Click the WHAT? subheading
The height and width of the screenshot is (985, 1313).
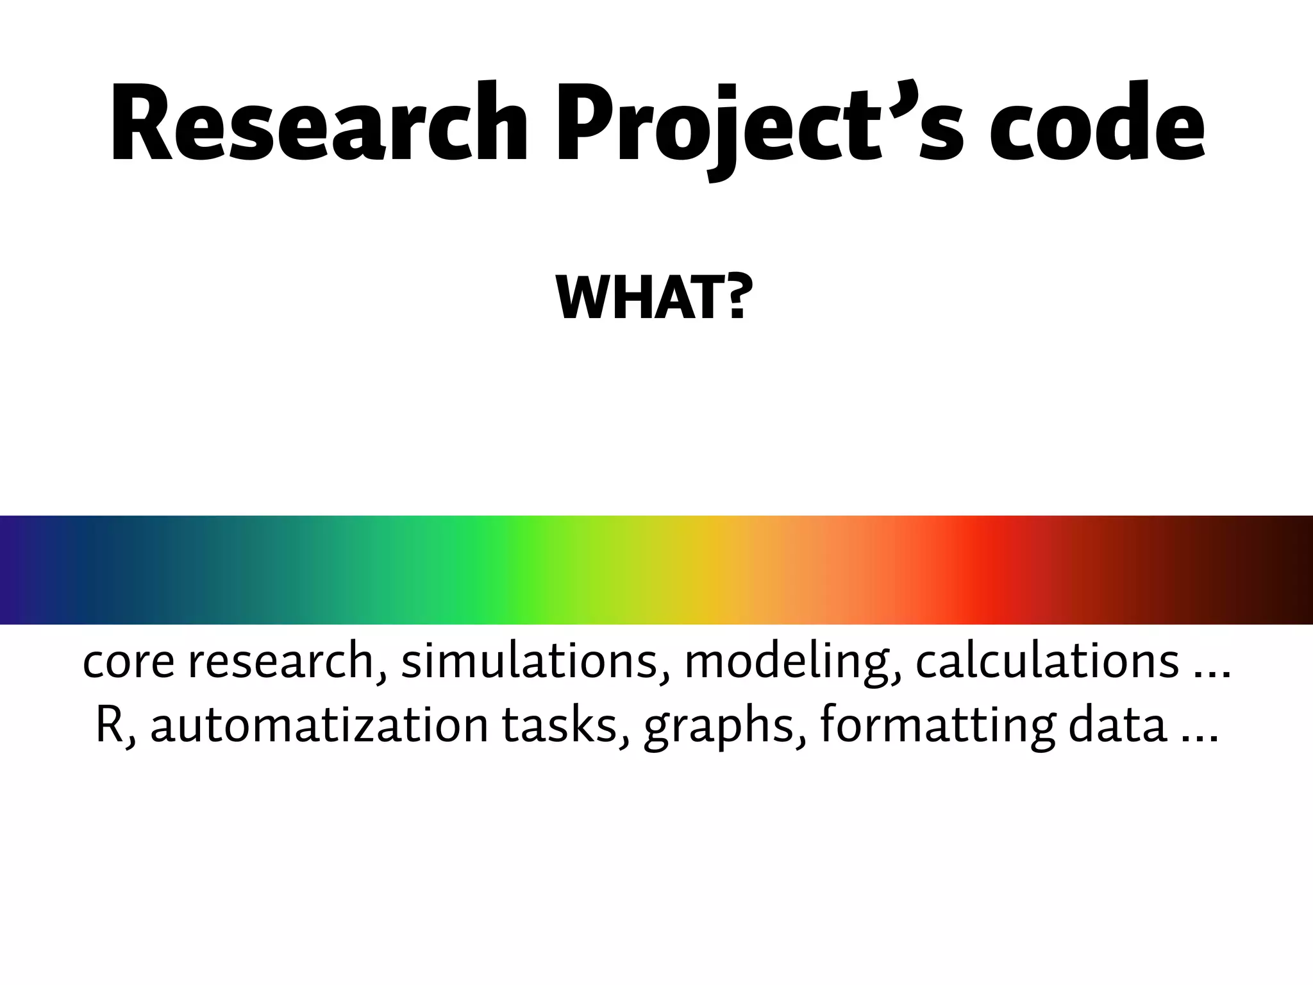click(651, 298)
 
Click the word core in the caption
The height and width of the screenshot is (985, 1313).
click(129, 662)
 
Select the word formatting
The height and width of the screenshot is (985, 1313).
click(937, 727)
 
